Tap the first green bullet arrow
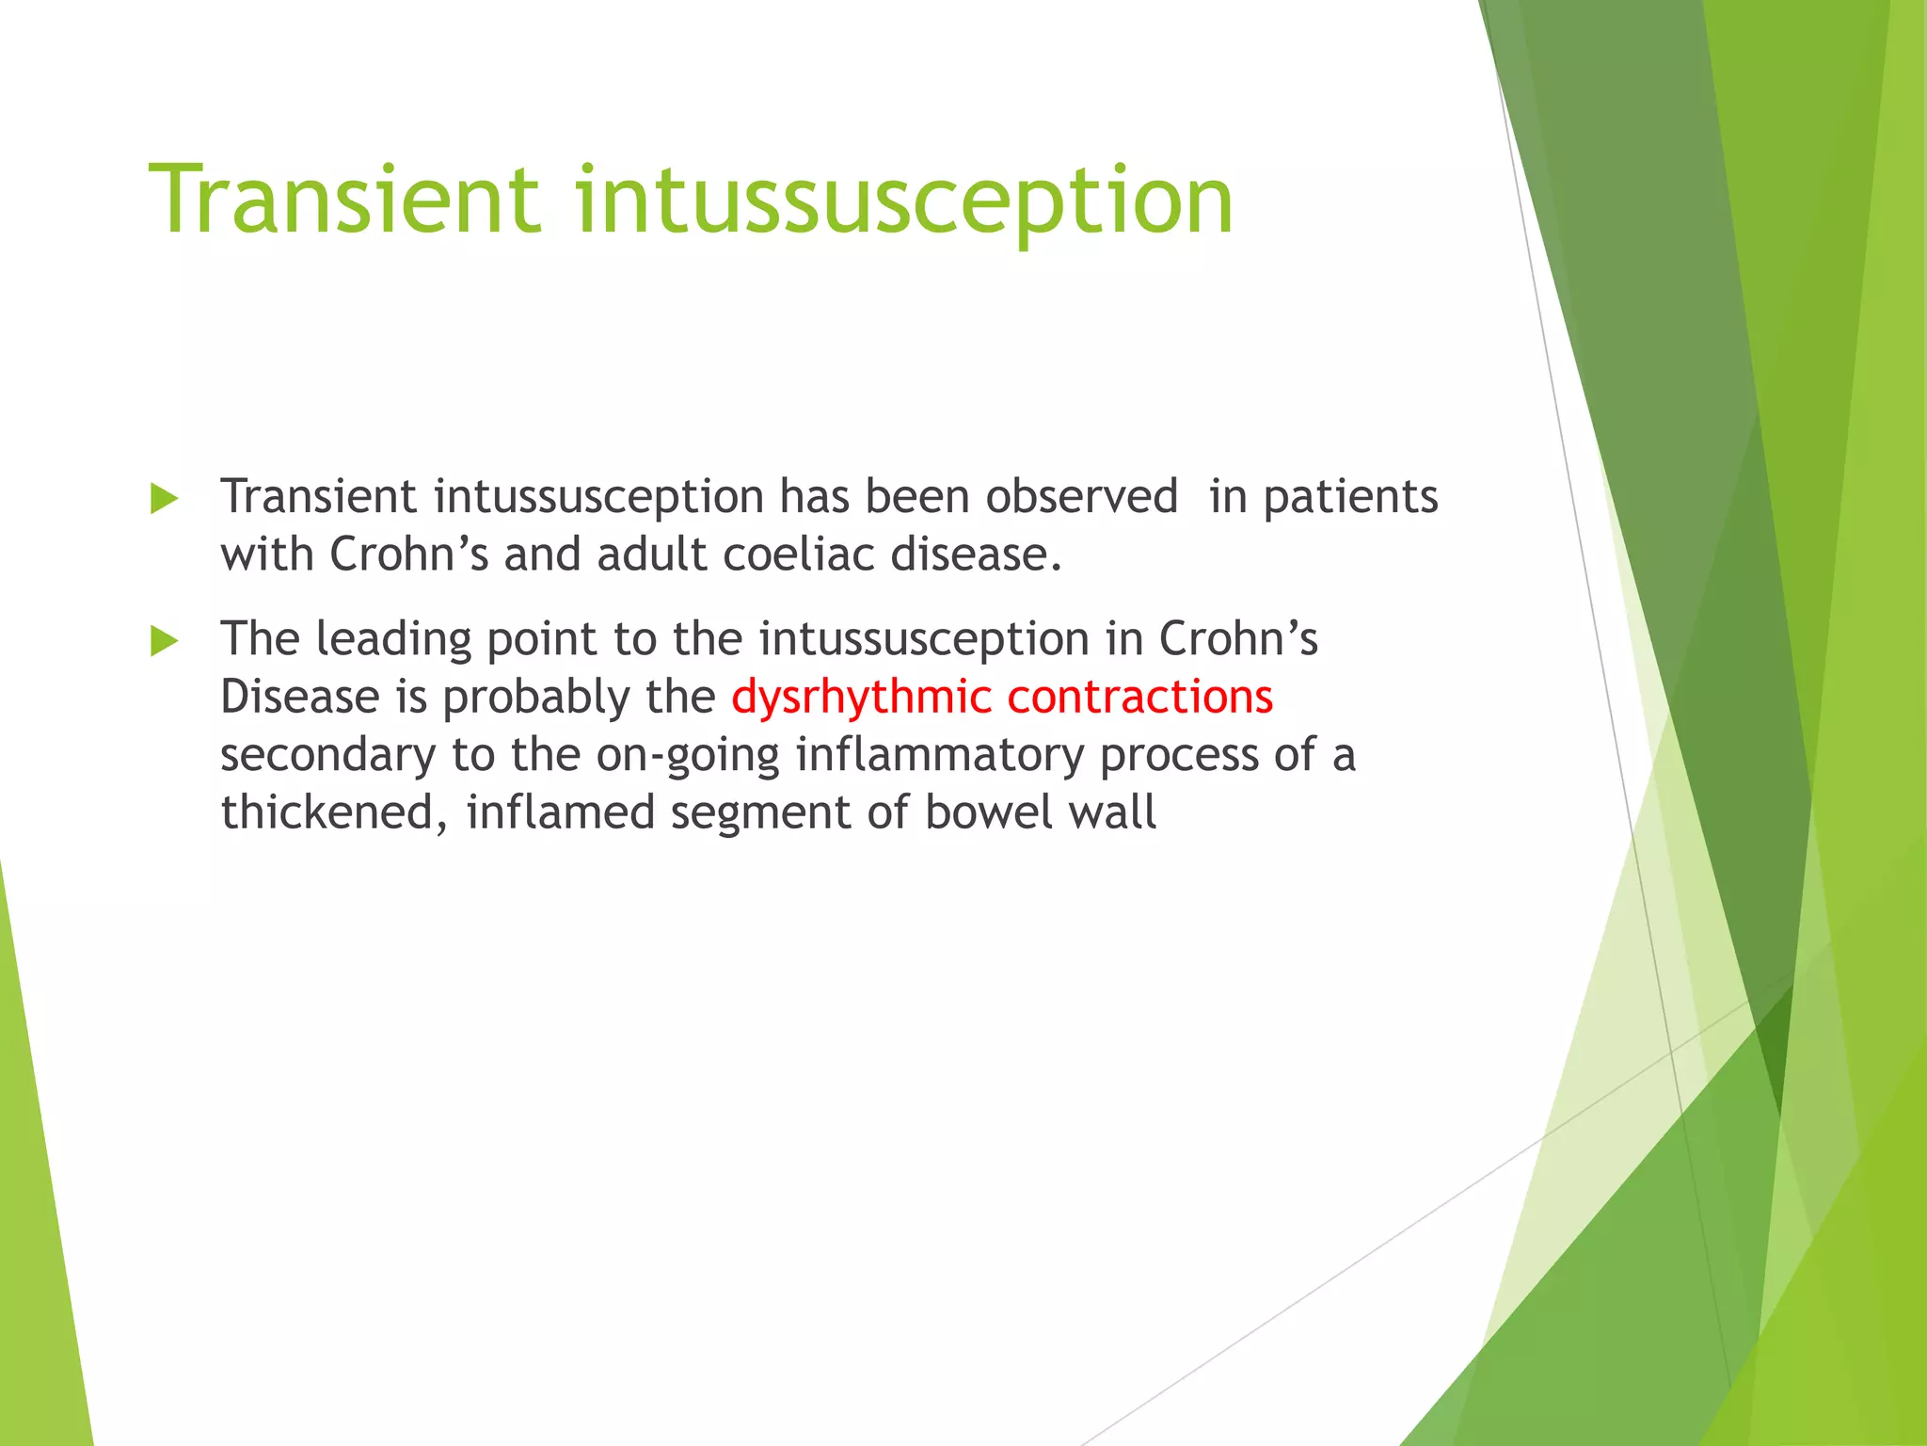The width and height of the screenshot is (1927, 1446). click(164, 499)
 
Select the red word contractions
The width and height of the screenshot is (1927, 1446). click(1139, 697)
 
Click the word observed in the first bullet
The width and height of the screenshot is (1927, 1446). click(1081, 496)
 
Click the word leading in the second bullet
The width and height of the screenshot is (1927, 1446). click(393, 640)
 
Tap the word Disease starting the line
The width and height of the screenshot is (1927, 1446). click(299, 697)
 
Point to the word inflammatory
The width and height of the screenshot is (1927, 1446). click(940, 756)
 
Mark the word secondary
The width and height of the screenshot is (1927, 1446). click(327, 756)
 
